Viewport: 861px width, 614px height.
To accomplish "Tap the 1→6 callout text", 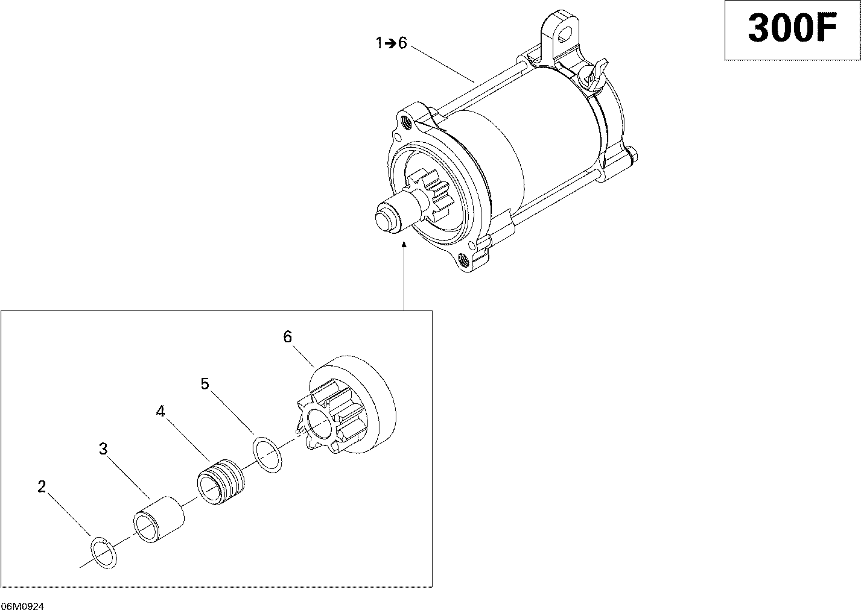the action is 391,43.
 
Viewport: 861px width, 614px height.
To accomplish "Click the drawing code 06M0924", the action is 22,607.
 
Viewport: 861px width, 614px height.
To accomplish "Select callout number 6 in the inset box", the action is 287,337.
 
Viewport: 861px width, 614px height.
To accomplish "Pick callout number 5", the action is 205,384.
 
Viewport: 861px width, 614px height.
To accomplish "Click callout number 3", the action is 103,449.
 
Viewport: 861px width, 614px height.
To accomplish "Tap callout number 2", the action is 42,487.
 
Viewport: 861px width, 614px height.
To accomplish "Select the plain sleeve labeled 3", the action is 159,519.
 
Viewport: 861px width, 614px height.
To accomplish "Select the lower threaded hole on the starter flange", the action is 463,259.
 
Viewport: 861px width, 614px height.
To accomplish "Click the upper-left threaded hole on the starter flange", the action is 408,122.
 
